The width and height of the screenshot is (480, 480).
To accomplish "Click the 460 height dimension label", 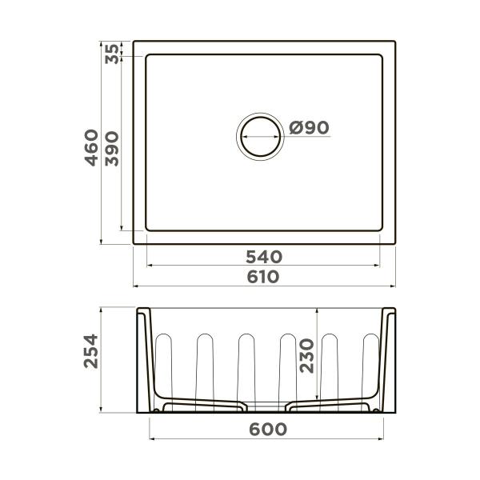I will (93, 147).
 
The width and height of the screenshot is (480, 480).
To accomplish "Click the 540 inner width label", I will (264, 257).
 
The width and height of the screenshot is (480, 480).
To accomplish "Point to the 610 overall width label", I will (264, 277).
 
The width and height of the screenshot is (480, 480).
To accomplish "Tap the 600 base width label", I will (268, 430).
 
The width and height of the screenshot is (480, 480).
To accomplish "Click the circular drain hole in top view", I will (259, 132).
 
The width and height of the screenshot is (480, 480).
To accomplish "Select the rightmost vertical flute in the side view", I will (370, 364).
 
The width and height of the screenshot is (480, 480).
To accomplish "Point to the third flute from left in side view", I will (246, 364).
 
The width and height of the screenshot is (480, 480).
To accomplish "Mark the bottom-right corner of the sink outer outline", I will (396, 243).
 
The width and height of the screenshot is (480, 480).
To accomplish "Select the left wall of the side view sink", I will (144, 360).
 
